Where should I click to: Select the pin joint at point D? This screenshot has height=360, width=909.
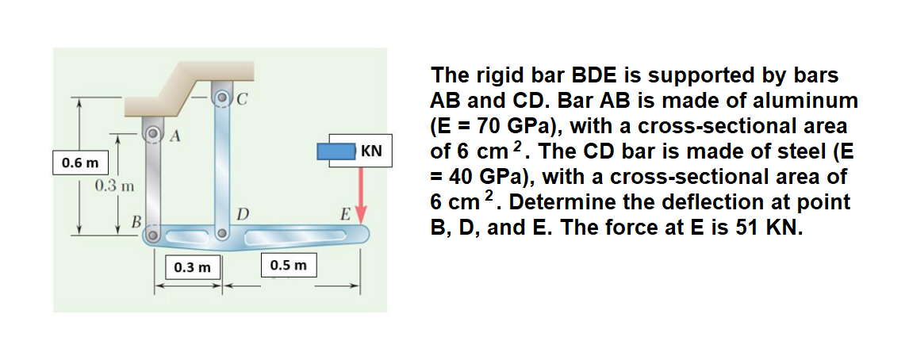pyautogui.click(x=223, y=235)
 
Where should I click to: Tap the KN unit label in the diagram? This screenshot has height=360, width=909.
pyautogui.click(x=371, y=151)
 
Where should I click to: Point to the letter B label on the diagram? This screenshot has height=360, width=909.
pyautogui.click(x=136, y=220)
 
